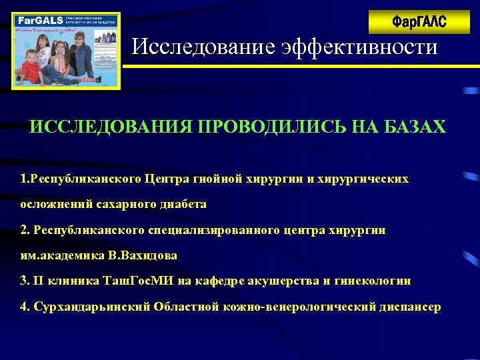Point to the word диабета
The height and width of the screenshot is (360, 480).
(180, 204)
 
